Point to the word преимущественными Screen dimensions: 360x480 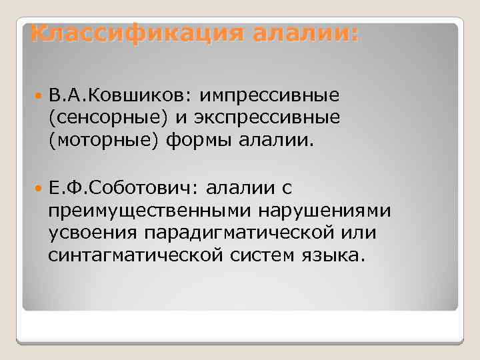click(157, 211)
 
